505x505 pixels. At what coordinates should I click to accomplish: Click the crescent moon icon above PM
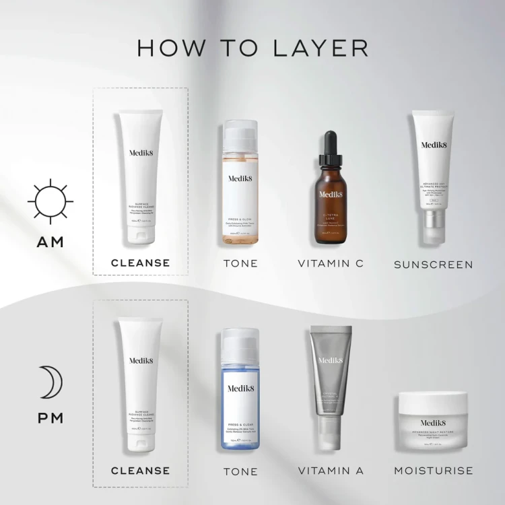coord(48,383)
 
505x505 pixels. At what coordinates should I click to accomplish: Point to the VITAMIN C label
coord(331,263)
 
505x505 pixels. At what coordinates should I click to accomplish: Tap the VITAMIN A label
coord(330,471)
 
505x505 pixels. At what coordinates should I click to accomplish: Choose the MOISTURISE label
coord(433,470)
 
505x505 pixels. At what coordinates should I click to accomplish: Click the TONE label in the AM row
coord(240,263)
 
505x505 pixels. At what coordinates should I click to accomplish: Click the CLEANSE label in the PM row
coord(140,470)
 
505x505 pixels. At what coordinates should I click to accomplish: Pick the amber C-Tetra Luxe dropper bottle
coord(331,202)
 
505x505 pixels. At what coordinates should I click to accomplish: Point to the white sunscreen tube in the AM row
coord(434,175)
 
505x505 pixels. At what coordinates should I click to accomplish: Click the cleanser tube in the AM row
coord(140,178)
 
